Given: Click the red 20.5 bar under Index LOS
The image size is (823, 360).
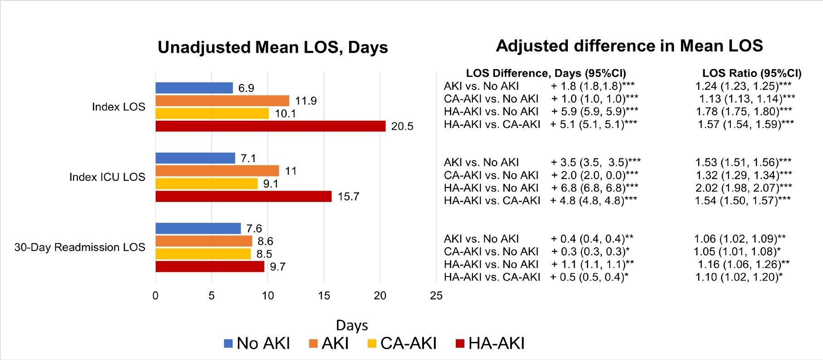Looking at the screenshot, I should coord(270,126).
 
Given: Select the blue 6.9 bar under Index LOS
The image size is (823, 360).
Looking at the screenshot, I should coord(194,88).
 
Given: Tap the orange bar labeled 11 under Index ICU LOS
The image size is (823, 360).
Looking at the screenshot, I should coord(217,171).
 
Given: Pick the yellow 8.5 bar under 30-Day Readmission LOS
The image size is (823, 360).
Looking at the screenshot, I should coord(203,254).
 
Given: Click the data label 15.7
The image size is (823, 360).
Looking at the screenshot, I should coord(348,197).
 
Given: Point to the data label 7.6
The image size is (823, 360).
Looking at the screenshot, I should coord(254,228).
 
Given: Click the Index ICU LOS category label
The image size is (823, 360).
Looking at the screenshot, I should coord(107,177).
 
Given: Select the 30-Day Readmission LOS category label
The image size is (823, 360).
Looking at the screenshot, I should coord(80,247).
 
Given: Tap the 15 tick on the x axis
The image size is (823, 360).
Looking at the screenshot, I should coord(324,296).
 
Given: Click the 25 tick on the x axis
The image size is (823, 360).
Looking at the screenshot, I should coord(436,296).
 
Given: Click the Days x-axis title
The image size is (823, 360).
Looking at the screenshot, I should coord(352,325).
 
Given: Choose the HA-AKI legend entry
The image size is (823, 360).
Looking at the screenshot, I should coord(490,343).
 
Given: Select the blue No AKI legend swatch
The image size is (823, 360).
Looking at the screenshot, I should coord(228,344).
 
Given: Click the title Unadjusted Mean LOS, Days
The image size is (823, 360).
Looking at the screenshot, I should coord(272,47).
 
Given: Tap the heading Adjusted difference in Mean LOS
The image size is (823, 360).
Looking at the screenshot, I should coord(629,46).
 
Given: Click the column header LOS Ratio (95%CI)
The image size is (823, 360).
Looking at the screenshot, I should coord(752,73).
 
